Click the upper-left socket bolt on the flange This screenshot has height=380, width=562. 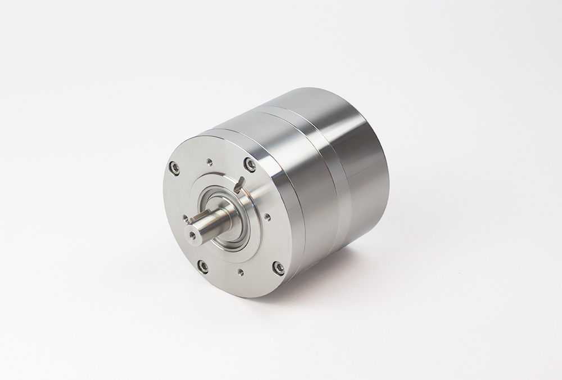pos(175,168)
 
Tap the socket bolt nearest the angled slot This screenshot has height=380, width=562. pos(250,164)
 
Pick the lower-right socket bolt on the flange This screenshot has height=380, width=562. pos(278,268)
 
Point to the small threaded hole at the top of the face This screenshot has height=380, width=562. pos(210,162)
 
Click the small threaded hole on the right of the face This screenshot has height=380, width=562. pos(268,216)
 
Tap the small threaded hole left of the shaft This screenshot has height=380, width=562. pos(185,218)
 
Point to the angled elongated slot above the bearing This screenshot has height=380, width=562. pos(240,184)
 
